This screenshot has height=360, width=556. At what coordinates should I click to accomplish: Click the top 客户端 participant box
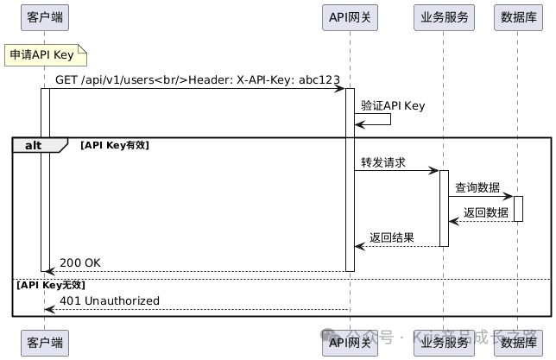[45, 17]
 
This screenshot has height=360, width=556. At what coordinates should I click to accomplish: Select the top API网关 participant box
[350, 17]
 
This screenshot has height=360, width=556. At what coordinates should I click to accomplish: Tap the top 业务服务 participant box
[444, 17]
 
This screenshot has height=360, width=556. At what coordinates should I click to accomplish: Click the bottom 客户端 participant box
[45, 342]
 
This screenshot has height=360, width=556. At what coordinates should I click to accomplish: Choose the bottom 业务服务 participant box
[444, 342]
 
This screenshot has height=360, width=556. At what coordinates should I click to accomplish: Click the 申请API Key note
[45, 55]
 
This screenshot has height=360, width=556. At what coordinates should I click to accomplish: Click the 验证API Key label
[393, 105]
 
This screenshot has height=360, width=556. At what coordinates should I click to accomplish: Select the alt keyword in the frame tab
[34, 145]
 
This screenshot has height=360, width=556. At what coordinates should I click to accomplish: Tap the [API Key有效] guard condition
[115, 145]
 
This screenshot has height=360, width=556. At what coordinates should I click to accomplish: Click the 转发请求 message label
[383, 162]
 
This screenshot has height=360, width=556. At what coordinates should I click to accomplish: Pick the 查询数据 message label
[477, 187]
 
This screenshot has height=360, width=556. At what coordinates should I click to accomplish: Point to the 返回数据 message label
[485, 212]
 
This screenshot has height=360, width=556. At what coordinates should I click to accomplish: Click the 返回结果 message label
[392, 237]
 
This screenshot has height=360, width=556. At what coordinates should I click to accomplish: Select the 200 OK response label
[80, 262]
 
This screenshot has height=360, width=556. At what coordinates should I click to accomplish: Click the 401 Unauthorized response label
[110, 300]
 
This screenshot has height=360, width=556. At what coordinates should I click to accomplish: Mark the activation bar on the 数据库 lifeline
[518, 208]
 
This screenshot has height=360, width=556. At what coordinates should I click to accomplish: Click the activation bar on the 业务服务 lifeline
[444, 208]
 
